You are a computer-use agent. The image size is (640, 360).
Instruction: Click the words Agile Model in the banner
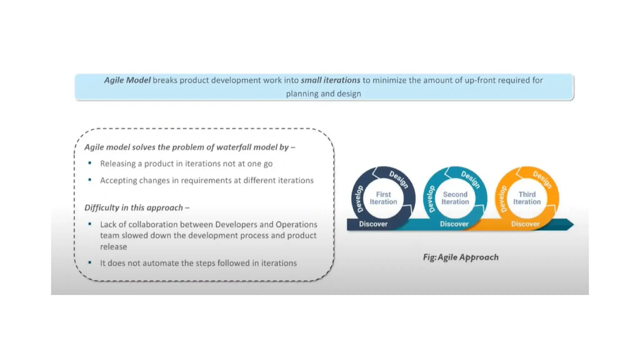point(127,80)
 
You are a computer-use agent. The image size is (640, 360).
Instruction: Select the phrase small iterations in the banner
point(330,80)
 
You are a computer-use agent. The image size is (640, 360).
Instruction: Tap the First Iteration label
point(383,198)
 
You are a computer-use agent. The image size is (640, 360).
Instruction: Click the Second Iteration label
point(455,198)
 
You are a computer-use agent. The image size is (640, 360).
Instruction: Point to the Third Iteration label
point(527,198)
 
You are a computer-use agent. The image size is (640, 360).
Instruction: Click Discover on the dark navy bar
point(373,224)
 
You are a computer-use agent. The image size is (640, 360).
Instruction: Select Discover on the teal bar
point(454,224)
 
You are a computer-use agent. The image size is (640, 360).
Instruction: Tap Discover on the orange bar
point(525,224)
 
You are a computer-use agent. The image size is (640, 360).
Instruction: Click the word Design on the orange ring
point(542,179)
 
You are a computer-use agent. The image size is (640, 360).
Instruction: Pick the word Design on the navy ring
point(399,179)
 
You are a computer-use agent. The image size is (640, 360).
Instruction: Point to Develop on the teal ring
point(431,199)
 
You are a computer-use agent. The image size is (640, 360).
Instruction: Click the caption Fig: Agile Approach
point(461,257)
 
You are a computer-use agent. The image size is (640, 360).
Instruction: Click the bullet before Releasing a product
point(90,163)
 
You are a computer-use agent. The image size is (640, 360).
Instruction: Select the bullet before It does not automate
point(90,262)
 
